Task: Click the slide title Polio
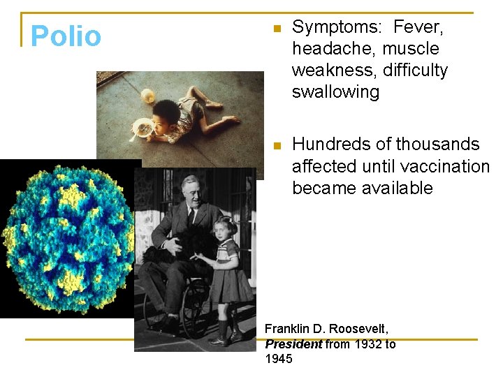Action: click(66, 36)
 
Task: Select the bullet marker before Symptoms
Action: click(276, 29)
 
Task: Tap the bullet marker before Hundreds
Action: click(276, 146)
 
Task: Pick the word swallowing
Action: click(335, 92)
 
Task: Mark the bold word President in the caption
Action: click(293, 343)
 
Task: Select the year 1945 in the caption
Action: click(279, 359)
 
